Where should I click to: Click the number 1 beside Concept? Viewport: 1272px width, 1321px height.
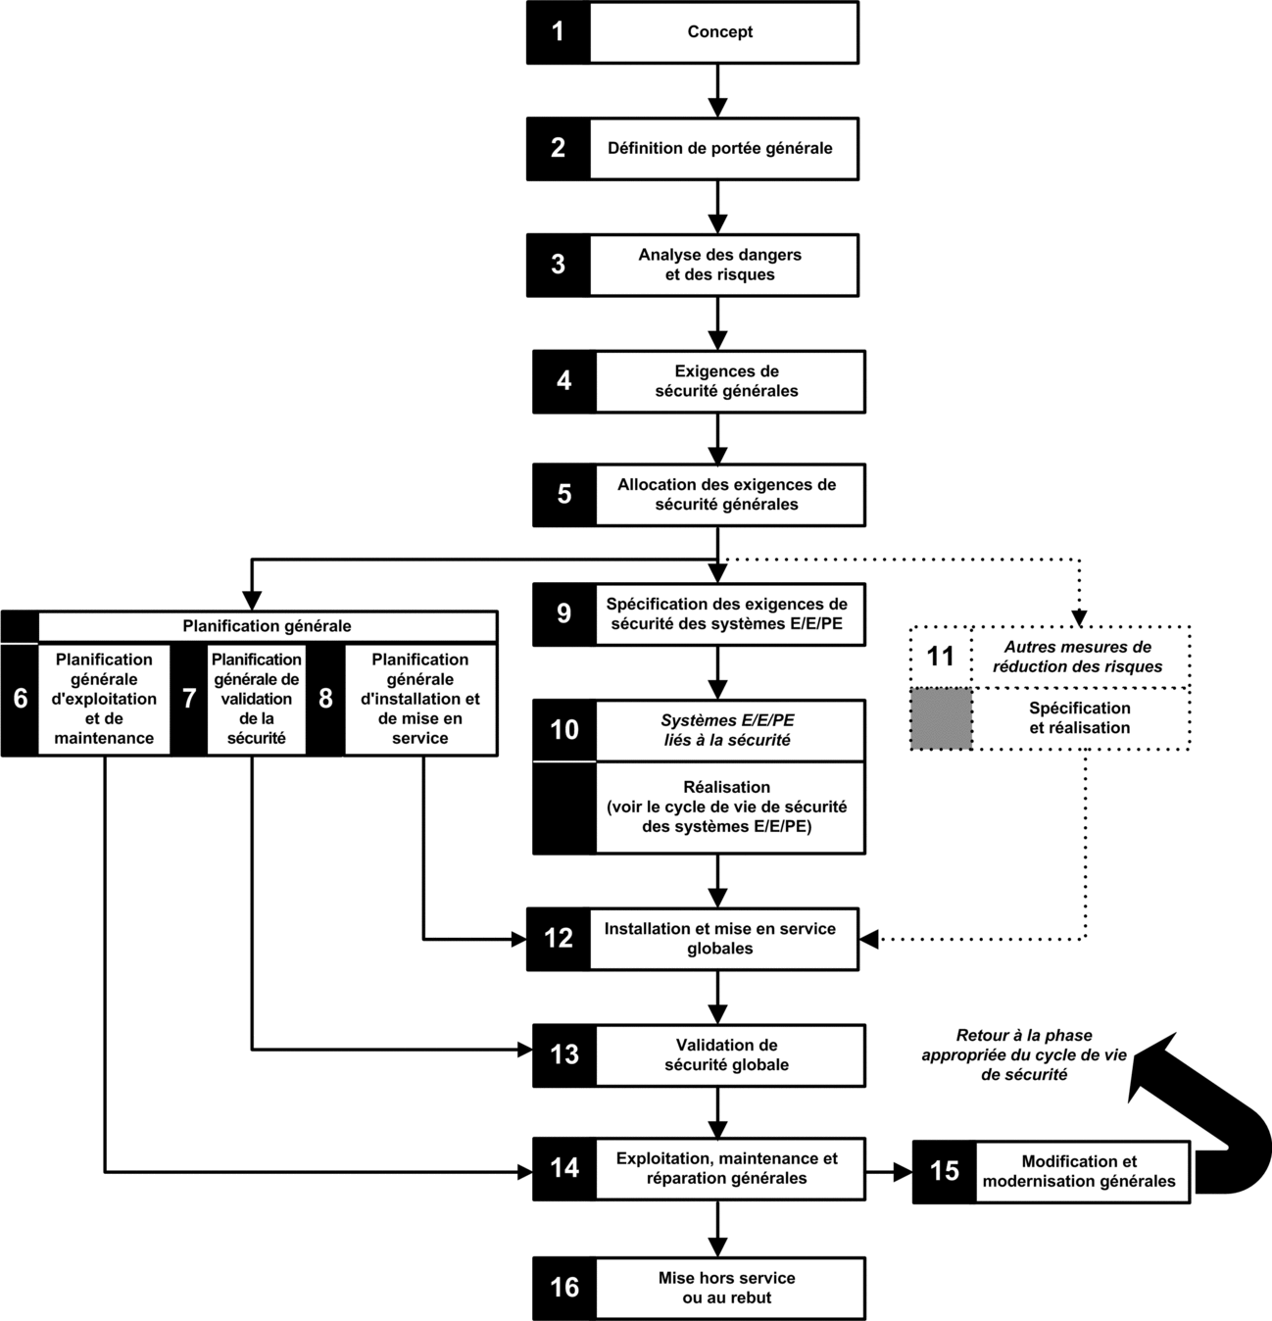tap(558, 32)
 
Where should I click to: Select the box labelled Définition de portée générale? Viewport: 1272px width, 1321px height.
tap(692, 149)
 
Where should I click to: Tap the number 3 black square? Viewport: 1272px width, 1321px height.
tap(559, 265)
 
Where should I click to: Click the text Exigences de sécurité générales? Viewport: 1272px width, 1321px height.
tap(726, 381)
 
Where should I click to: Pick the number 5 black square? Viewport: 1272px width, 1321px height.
tap(564, 495)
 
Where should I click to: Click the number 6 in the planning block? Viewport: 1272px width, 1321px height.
tap(21, 699)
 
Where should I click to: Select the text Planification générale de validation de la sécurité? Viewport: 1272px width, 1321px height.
tap(257, 699)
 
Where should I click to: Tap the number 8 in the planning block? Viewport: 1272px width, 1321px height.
tap(325, 699)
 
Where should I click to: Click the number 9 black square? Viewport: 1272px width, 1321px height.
tap(564, 613)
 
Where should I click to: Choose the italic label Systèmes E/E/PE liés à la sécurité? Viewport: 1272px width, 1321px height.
tap(728, 730)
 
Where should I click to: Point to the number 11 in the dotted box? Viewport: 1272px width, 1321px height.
tap(940, 657)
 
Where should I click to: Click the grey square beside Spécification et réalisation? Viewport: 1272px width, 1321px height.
tap(941, 719)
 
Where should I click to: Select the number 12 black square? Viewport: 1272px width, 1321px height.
tap(559, 939)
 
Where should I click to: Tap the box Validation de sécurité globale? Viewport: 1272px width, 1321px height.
tap(699, 1055)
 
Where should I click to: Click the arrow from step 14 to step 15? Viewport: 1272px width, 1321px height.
tap(889, 1172)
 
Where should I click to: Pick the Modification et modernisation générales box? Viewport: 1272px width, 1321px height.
tap(1052, 1172)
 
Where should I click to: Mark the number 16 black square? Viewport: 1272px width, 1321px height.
tap(564, 1289)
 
